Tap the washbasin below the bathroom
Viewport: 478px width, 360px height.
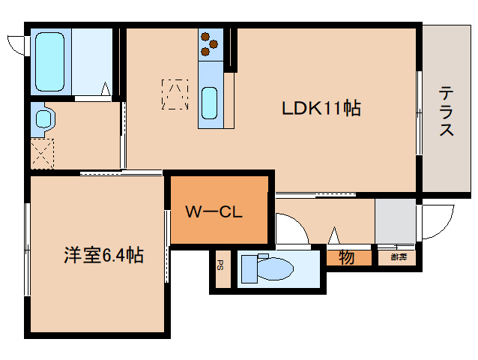(x=43, y=118)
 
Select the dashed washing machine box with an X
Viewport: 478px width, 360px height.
(x=42, y=153)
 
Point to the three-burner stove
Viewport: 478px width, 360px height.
(x=209, y=46)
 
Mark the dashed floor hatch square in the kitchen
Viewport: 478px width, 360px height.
(x=175, y=94)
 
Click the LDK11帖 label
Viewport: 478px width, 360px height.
(x=321, y=109)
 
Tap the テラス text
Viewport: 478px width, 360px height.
(x=446, y=111)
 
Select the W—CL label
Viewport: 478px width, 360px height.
(x=213, y=212)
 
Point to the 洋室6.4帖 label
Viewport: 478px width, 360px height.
(x=103, y=256)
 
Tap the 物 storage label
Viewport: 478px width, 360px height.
(x=346, y=257)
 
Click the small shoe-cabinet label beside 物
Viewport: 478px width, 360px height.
(x=398, y=257)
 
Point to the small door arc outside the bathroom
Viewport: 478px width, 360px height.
(x=16, y=43)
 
